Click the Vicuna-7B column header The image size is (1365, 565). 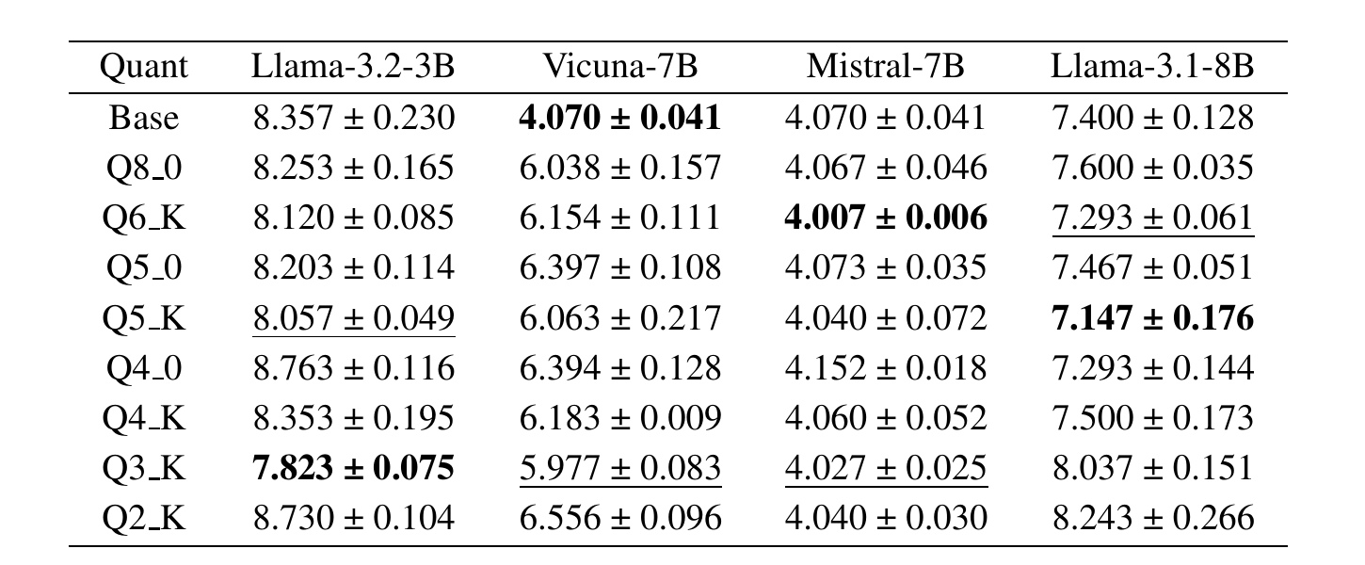tap(619, 67)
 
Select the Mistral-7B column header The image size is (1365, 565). tap(886, 67)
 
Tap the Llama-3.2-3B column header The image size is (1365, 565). tap(353, 67)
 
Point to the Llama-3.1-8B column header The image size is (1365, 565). tap(1152, 67)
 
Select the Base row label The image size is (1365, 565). tap(144, 118)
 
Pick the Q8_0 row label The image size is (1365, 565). tap(144, 169)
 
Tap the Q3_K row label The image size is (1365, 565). tap(144, 468)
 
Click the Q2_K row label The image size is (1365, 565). tap(144, 518)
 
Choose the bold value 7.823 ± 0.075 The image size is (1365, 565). tap(353, 468)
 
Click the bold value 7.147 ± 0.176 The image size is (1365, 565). tap(1152, 318)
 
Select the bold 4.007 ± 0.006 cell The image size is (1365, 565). tap(886, 218)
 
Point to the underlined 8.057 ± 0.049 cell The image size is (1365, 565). tap(353, 318)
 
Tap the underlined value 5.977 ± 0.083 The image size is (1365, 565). tap(619, 468)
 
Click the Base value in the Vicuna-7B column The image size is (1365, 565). tap(619, 118)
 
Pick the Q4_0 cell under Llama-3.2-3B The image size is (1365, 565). tap(353, 368)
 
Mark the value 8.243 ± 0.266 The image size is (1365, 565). tap(1152, 518)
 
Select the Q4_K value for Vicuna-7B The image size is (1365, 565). tap(619, 418)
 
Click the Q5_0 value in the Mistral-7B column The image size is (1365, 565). tap(886, 268)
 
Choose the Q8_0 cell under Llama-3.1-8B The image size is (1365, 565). tap(1152, 169)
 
